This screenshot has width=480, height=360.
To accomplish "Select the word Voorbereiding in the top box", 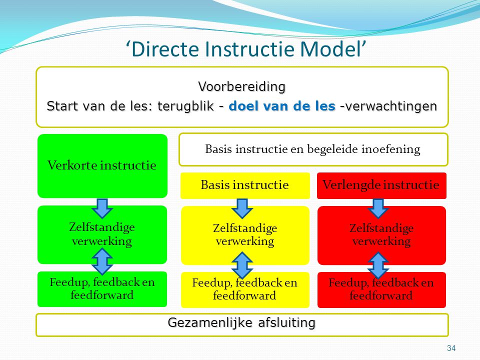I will [x=242, y=86].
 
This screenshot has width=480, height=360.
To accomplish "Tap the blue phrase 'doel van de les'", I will [x=282, y=106].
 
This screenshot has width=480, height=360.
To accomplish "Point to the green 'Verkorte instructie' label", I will [x=102, y=165].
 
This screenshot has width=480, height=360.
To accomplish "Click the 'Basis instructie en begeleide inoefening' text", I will [x=313, y=149].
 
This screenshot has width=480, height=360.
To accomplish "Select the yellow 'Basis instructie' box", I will [x=245, y=185].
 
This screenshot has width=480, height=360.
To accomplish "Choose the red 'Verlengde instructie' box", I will [x=381, y=185].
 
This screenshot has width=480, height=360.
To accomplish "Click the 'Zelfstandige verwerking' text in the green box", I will [x=102, y=234].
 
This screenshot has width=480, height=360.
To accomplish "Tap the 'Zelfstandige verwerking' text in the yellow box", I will [x=245, y=234].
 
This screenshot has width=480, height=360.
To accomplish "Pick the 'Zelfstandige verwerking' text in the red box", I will [x=381, y=234].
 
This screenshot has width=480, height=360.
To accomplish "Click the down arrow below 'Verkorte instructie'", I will [x=102, y=208].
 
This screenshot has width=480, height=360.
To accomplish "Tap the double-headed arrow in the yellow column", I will [x=242, y=265].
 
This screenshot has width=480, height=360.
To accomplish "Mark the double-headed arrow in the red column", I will [x=378, y=265].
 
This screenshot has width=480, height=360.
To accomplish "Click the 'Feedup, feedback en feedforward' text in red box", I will [x=381, y=289].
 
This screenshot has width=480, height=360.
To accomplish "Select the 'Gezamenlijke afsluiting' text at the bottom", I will [x=241, y=323].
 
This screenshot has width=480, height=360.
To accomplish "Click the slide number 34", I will [x=451, y=348].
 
